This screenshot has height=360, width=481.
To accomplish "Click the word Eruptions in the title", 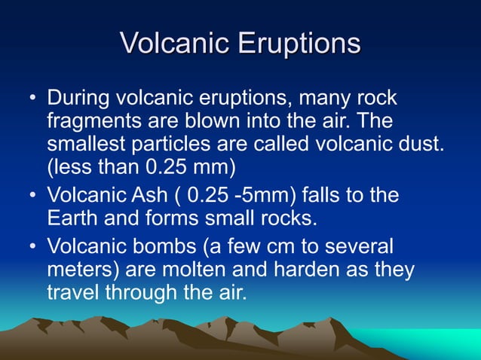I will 299,44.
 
